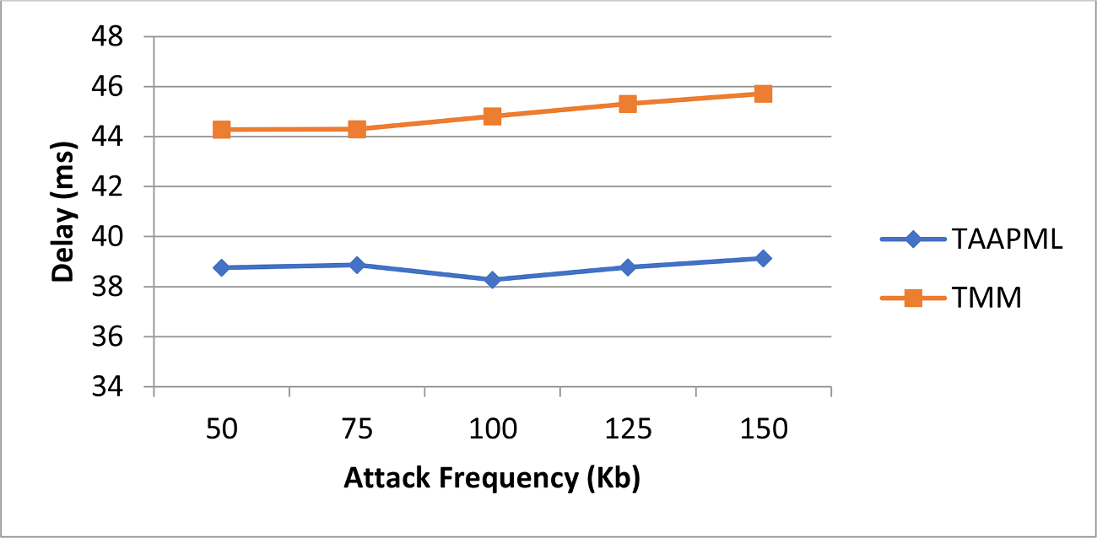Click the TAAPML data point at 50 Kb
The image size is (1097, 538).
pos(222,267)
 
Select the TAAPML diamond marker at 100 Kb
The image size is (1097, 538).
pos(493,279)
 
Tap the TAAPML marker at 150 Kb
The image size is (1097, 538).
pos(764,258)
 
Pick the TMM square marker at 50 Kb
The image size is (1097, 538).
pos(222,129)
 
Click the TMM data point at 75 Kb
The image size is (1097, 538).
pos(357,129)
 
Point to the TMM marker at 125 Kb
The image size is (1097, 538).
pos(628,104)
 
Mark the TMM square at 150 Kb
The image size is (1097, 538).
pos(764,93)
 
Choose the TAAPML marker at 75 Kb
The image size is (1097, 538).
pos(357,265)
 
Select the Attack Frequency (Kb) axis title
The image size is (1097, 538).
pos(492,478)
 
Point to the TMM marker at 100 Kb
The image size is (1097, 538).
pos(493,116)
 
